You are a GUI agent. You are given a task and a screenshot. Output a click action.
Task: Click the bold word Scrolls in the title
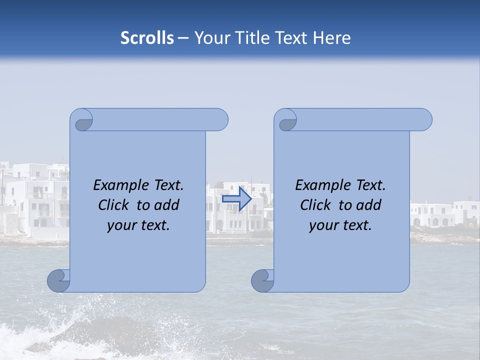[147, 38]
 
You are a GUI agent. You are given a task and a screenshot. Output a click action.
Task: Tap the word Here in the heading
[331, 38]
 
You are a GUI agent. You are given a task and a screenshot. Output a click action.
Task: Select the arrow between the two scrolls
[236, 199]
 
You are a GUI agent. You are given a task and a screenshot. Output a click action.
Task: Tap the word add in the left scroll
[167, 205]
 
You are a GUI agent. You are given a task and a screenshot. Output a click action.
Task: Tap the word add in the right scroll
[369, 205]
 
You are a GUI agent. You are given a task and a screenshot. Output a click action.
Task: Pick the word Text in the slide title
[290, 38]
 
